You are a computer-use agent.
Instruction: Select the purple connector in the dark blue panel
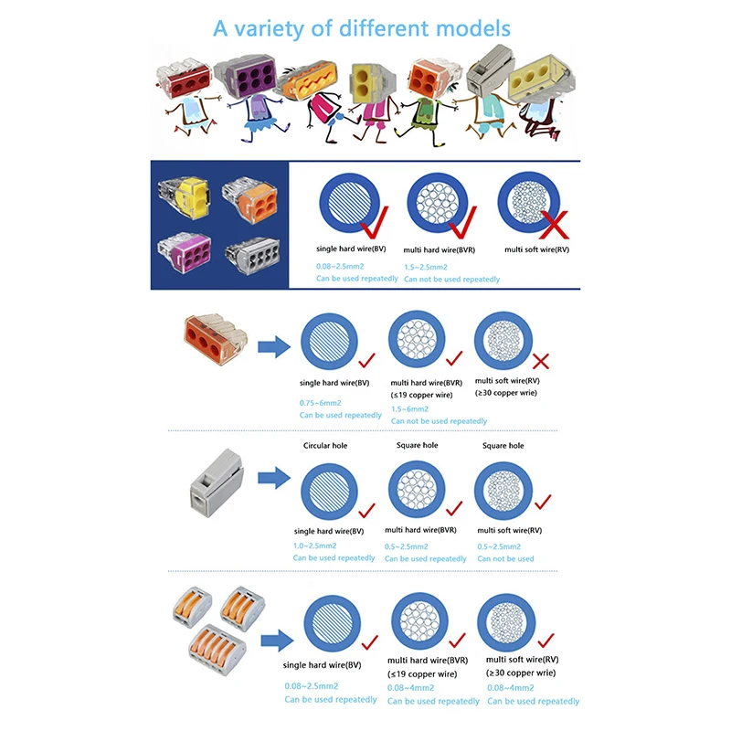182,249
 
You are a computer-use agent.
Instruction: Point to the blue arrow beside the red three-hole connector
270,347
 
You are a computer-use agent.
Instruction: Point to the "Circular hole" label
324,446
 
